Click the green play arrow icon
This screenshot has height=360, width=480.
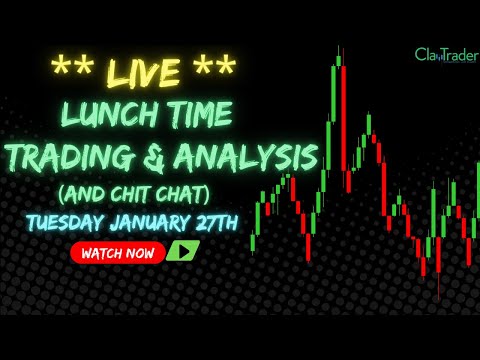(183, 252)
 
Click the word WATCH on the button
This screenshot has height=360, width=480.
(102, 253)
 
